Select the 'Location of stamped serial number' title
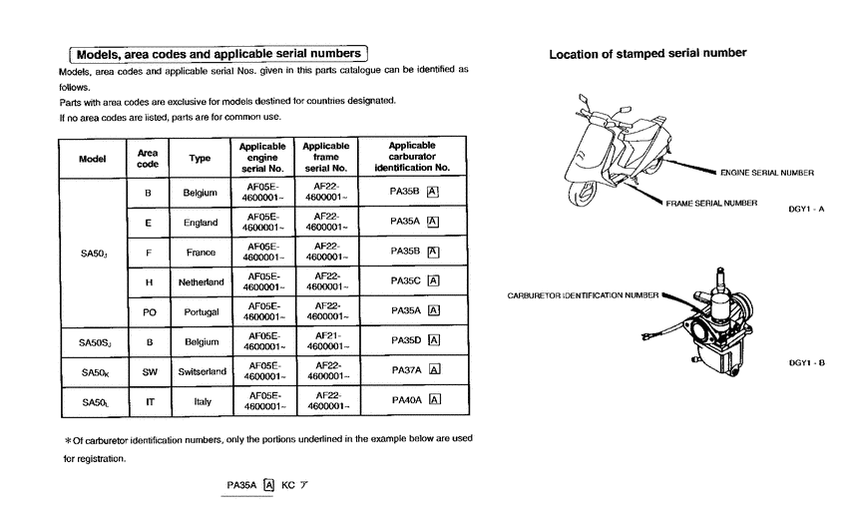(x=647, y=53)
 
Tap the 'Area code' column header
(x=148, y=158)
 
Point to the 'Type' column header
(x=201, y=159)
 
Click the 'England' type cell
(x=201, y=223)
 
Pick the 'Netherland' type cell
(x=201, y=282)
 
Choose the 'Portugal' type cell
(x=201, y=312)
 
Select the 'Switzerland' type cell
(x=201, y=371)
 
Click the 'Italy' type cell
(x=201, y=401)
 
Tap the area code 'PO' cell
(x=148, y=312)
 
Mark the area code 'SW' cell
(x=148, y=371)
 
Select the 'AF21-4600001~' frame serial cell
(x=325, y=341)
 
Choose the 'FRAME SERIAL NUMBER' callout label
(x=711, y=204)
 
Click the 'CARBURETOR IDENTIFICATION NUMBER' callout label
(x=584, y=295)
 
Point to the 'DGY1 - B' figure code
(x=806, y=362)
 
